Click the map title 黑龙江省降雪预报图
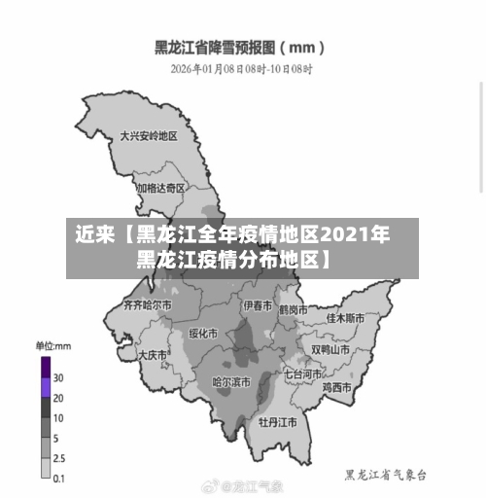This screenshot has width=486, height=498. point(239,47)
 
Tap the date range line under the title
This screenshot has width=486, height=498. point(241,69)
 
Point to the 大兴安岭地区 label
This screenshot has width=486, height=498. point(149,137)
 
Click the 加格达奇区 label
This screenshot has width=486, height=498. point(160,188)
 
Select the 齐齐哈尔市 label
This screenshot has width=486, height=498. point(147,304)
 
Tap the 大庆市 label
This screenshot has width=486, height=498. point(154,355)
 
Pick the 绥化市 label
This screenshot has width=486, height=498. point(204,333)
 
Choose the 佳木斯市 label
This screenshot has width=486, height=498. point(345,318)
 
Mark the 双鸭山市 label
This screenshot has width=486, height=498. point(330,349)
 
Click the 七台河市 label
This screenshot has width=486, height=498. point(303,373)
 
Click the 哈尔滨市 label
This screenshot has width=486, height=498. point(231,382)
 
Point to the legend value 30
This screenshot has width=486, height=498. point(58,377)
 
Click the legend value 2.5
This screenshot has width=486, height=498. point(59,457)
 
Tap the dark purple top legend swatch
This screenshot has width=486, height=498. point(45,367)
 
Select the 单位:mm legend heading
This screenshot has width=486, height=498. point(53,345)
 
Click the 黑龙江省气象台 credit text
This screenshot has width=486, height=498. point(386,475)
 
